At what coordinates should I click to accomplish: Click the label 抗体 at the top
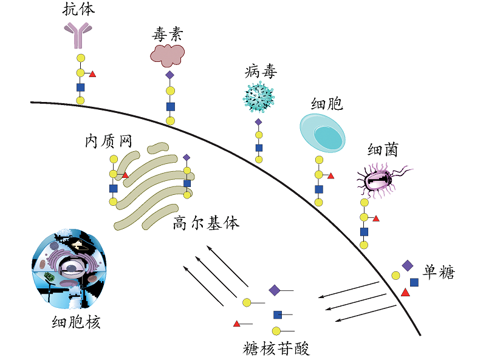78,9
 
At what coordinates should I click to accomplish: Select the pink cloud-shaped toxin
167,54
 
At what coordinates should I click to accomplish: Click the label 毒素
167,33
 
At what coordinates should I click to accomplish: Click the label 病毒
261,72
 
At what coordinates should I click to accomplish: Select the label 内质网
108,141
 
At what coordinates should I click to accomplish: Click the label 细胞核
76,322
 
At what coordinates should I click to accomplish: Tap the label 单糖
439,272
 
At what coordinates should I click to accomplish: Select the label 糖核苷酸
276,348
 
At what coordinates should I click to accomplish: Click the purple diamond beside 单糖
407,265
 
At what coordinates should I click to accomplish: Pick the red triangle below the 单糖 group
405,293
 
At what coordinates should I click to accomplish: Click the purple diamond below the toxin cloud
170,75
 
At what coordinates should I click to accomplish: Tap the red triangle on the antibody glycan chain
92,74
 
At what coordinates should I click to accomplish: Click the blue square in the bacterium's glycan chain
364,231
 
